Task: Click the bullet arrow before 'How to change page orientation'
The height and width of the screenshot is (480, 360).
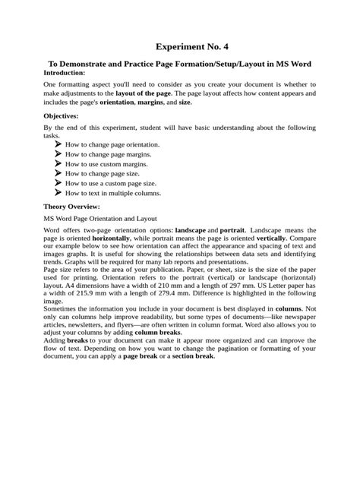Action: click(x=58, y=144)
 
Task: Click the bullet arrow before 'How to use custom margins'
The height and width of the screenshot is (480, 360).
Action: click(x=58, y=163)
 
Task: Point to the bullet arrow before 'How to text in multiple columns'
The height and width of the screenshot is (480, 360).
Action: click(x=58, y=193)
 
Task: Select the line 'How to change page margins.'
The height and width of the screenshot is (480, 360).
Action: click(x=108, y=153)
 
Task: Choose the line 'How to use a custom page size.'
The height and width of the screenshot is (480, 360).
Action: click(x=111, y=183)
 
